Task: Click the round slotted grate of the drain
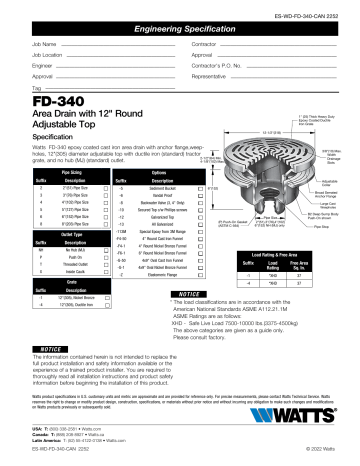pyautogui.click(x=262, y=145)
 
